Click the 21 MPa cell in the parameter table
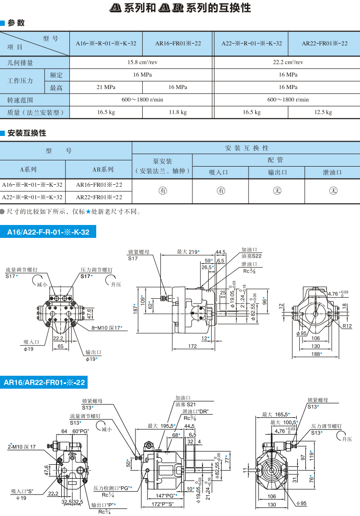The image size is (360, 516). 106,87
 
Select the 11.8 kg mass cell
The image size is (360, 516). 178,112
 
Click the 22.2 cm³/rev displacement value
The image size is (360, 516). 288,62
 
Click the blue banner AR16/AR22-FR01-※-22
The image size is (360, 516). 45,382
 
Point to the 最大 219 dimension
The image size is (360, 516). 188,252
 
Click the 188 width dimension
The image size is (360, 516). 316,354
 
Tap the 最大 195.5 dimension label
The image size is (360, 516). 160,426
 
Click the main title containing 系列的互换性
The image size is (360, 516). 180,8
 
